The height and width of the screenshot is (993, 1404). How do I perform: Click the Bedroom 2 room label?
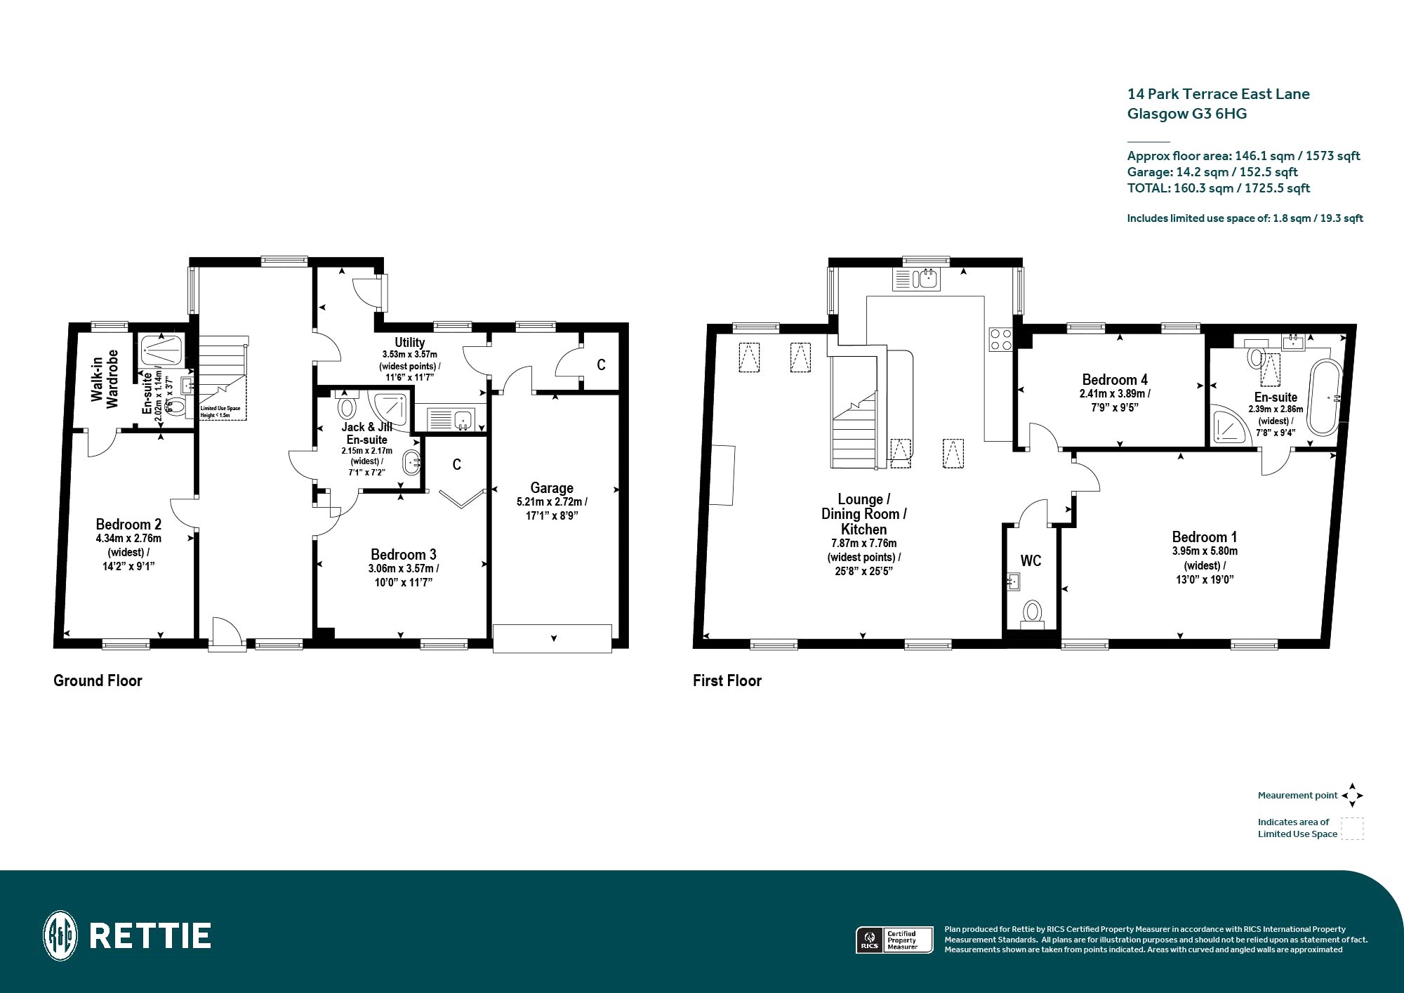click(x=128, y=525)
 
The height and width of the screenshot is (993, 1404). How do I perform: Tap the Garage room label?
click(x=552, y=488)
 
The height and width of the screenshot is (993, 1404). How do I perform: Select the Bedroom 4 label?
click(x=1115, y=380)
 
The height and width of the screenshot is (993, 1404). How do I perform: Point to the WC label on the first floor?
click(x=1031, y=560)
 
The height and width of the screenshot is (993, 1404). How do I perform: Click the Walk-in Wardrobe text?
click(x=105, y=379)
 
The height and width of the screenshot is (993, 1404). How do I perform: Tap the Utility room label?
click(x=409, y=343)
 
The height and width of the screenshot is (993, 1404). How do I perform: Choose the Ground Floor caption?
click(x=98, y=680)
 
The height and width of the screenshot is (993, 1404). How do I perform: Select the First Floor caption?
click(x=727, y=680)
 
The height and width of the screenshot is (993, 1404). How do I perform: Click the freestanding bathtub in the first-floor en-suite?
click(x=1324, y=398)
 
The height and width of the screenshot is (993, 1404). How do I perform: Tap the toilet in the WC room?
click(x=1031, y=613)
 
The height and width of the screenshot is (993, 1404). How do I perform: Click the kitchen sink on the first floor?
click(x=916, y=279)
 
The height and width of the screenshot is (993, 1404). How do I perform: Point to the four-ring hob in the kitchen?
click(x=1000, y=339)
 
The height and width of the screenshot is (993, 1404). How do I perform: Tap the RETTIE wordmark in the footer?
click(x=150, y=936)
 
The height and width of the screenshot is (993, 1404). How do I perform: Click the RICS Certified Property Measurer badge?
click(x=894, y=940)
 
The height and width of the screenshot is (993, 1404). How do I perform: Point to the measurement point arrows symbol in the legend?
click(x=1352, y=796)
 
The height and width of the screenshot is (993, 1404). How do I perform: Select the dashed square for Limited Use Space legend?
click(x=1352, y=828)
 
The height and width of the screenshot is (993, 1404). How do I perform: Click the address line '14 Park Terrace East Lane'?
click(x=1218, y=94)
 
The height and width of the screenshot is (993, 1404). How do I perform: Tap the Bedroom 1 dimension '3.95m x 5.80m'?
click(x=1205, y=551)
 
